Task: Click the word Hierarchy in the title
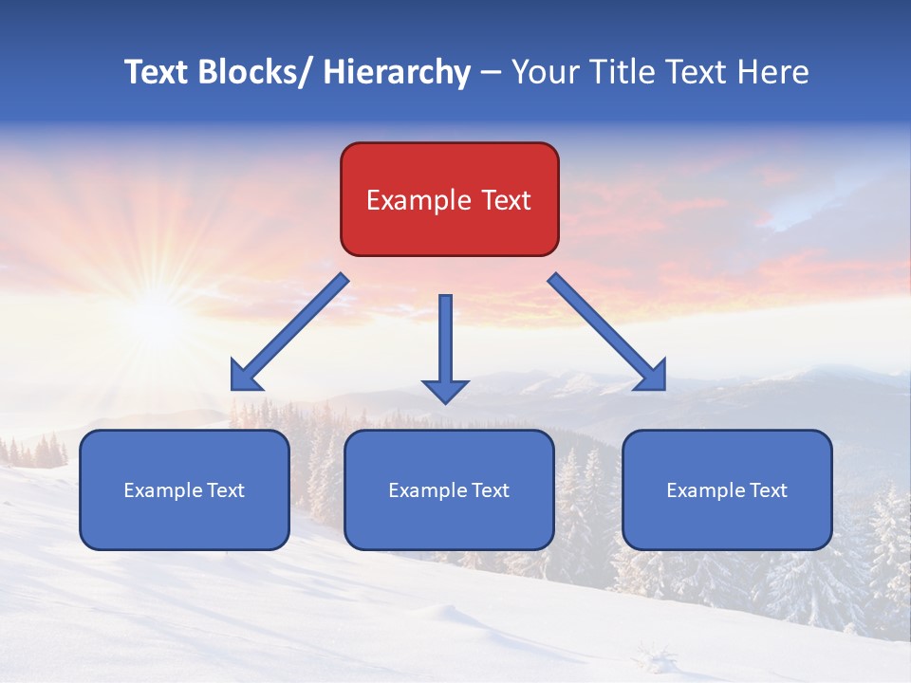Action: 397,72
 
